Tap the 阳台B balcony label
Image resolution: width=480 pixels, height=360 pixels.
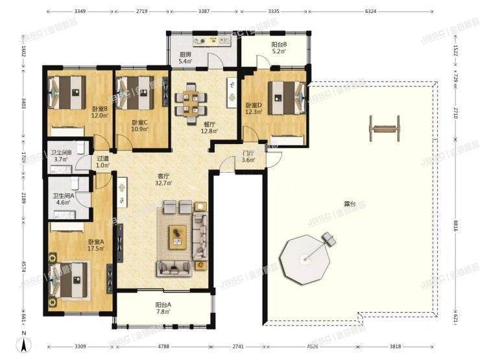(280, 44)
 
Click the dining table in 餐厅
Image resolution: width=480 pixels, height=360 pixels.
(192, 103)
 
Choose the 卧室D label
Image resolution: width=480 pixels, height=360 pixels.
(254, 105)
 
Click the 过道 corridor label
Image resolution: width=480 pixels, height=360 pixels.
(102, 159)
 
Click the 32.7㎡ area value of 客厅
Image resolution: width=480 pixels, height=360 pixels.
(163, 184)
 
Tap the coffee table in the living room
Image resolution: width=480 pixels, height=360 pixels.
(177, 236)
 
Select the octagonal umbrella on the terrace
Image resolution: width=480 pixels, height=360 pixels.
(301, 259)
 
